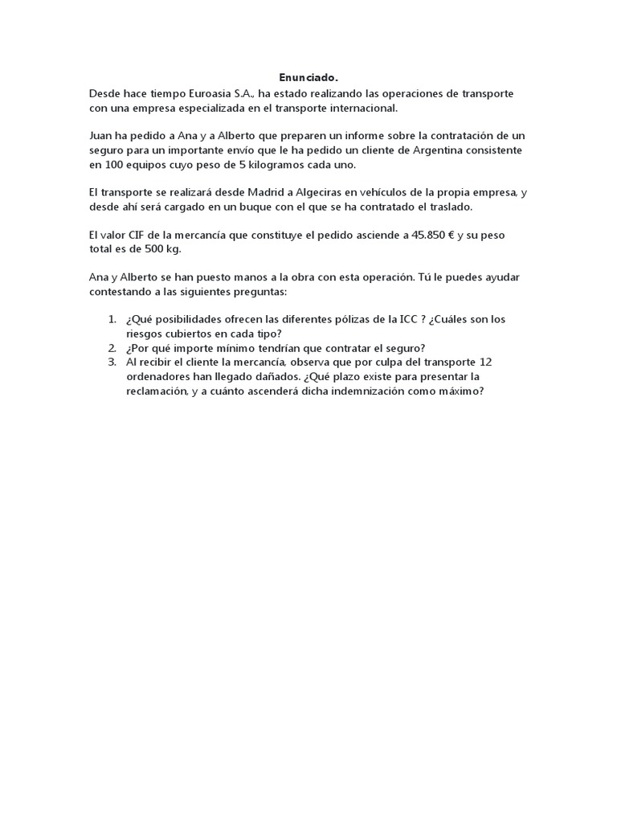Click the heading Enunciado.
tap(308, 78)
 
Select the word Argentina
tap(471, 149)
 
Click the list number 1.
tap(112, 319)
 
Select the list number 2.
tap(112, 348)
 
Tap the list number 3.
tap(112, 362)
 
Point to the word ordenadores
tap(158, 376)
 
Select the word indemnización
tap(362, 391)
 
